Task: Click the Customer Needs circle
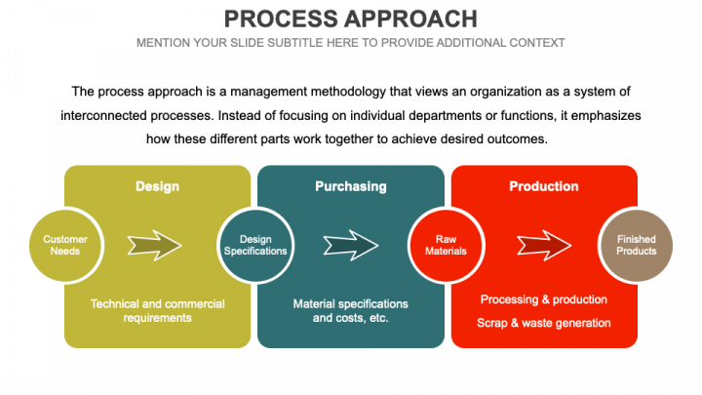[x=65, y=246]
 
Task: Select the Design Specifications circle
[x=255, y=246]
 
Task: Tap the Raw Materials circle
[x=446, y=246]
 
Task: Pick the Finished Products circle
[x=636, y=246]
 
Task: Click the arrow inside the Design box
[x=154, y=246]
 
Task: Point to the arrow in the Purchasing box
[x=351, y=246]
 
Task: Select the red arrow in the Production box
[x=544, y=246]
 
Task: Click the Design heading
[x=158, y=186]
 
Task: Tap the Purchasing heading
[x=351, y=186]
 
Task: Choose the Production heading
[x=544, y=186]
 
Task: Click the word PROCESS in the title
[x=281, y=20]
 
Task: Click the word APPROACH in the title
[x=411, y=20]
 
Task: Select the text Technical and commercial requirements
[x=158, y=311]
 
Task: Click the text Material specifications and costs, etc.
[x=351, y=311]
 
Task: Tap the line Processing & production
[x=544, y=299]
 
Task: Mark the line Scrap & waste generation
[x=544, y=323]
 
